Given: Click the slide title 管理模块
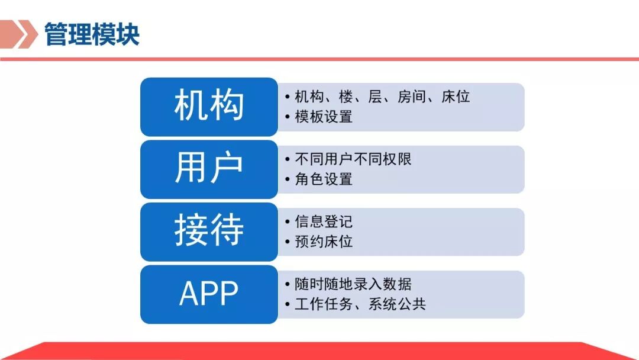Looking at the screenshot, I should point(92,34).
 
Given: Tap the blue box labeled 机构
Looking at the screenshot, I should point(209,107).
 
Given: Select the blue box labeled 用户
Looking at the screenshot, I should point(209,169).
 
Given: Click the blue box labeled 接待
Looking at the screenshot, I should point(209,232).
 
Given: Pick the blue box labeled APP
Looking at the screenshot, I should point(209,294).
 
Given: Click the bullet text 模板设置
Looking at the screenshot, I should point(324,117).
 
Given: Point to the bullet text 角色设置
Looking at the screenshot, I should point(324,179).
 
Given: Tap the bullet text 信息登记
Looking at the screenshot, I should point(324,221).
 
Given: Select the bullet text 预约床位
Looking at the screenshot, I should point(324,242).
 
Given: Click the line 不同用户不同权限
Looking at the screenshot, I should point(353,159).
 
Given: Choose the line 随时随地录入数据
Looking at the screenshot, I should point(353,284).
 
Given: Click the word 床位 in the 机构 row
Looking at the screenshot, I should point(456,97).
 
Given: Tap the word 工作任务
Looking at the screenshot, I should point(324,304).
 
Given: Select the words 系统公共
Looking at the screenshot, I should point(397,304).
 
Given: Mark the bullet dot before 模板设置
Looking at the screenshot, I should point(288,117).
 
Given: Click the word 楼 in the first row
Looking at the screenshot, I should point(346,97).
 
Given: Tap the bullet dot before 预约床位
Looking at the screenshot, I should point(288,242).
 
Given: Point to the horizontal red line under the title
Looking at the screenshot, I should point(319,59).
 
